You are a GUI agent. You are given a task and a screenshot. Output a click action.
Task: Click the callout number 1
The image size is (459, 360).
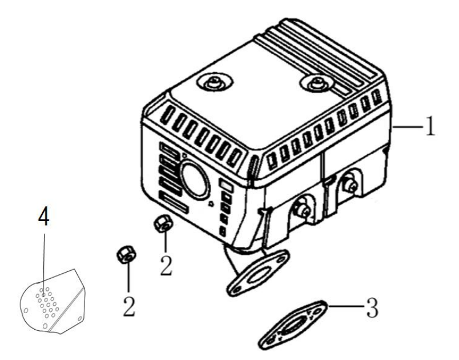430,126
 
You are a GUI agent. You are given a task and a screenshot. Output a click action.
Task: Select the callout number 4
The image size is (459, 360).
43,216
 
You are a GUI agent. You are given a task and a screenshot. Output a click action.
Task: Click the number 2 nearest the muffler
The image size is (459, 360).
166,266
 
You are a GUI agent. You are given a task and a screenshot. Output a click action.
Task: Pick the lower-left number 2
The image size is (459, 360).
129,307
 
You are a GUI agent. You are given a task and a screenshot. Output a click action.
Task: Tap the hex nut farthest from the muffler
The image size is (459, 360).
126,254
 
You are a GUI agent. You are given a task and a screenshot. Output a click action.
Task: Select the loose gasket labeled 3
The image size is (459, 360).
293,325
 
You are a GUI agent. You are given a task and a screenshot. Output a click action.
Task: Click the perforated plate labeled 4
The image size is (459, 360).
52,302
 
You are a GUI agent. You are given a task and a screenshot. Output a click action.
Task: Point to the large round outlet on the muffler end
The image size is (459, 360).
195,180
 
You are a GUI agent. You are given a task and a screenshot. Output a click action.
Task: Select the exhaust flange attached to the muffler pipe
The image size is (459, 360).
257,273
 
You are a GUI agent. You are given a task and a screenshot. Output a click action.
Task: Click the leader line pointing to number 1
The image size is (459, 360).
408,126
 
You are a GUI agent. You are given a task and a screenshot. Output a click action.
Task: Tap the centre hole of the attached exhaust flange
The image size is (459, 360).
257,274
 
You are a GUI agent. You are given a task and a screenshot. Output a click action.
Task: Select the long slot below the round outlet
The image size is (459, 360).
174,202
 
